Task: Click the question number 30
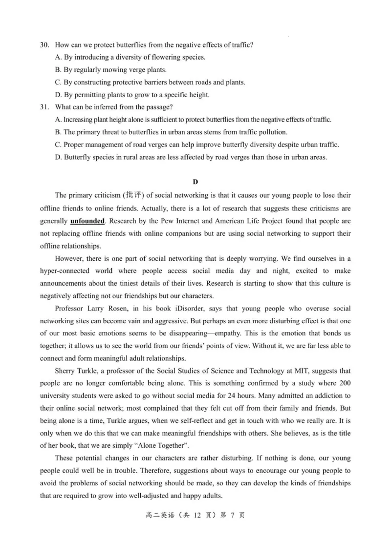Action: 44,45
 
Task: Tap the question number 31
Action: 44,107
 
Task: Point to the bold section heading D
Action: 195,182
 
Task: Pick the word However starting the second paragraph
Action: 70,258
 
